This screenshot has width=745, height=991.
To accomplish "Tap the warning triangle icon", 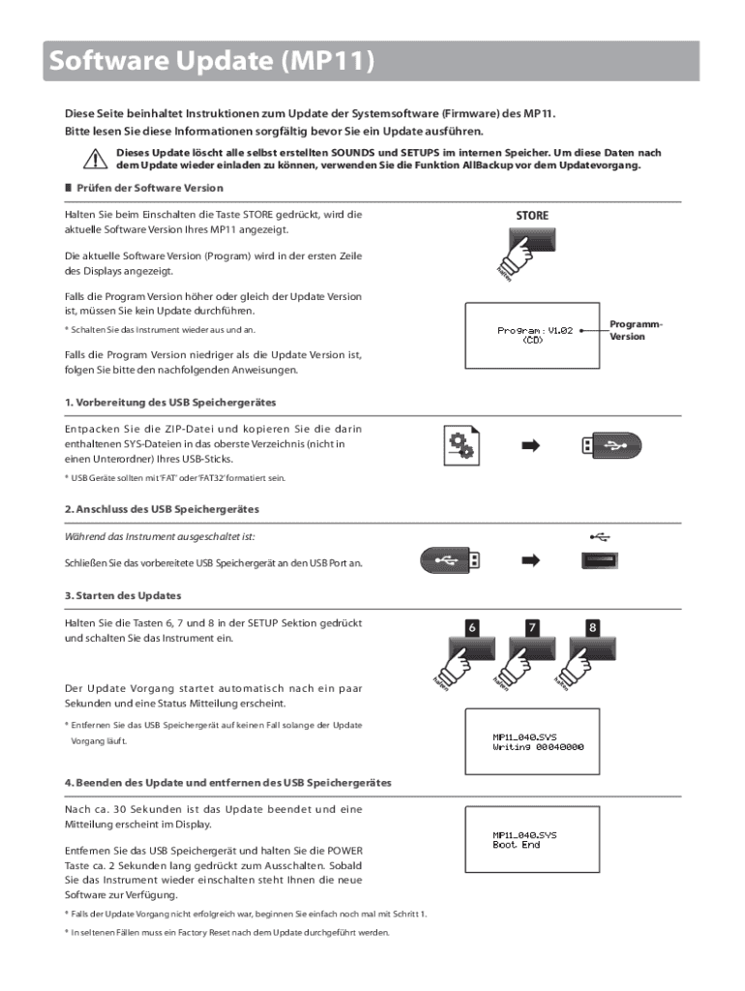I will click(x=93, y=159).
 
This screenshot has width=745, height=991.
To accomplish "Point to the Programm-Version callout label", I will click(x=636, y=330).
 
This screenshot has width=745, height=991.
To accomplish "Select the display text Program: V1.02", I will click(x=535, y=330).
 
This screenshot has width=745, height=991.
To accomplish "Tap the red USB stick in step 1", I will click(x=610, y=446).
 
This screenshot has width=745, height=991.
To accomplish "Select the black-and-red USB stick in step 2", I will click(x=450, y=559).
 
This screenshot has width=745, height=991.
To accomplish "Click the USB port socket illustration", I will click(x=600, y=559).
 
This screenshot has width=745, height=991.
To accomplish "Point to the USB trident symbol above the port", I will click(x=600, y=533).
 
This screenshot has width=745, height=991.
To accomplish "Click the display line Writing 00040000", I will click(x=538, y=747).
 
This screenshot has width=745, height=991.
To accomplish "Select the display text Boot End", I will click(x=517, y=845).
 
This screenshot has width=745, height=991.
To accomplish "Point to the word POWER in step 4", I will click(x=345, y=852).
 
